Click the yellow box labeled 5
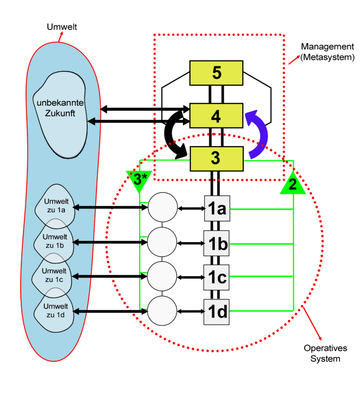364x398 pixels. click(216, 73)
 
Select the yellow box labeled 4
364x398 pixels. click(216, 116)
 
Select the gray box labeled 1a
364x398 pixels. click(217, 208)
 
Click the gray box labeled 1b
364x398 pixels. click(217, 243)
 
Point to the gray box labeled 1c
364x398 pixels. click(217, 277)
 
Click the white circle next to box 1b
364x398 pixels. click(162, 242)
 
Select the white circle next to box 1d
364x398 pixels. click(162, 311)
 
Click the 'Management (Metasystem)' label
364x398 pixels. click(327, 52)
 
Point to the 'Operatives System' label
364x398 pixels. click(325, 353)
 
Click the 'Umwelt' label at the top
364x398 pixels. click(62, 27)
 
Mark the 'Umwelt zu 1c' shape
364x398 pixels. click(54, 275)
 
